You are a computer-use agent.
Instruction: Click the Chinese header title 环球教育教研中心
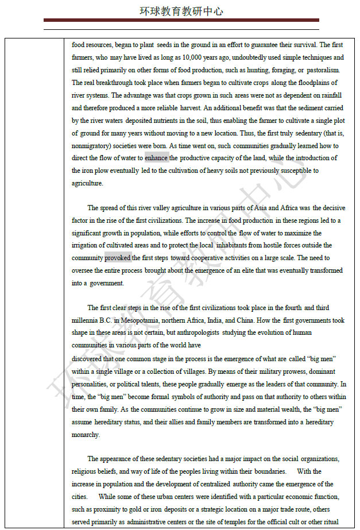[181, 11]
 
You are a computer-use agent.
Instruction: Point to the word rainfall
[328, 95]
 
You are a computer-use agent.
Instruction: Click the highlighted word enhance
[156, 158]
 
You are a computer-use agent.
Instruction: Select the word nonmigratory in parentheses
[90, 146]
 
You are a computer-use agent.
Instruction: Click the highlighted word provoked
[118, 258]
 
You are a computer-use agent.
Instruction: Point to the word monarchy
[85, 435]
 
